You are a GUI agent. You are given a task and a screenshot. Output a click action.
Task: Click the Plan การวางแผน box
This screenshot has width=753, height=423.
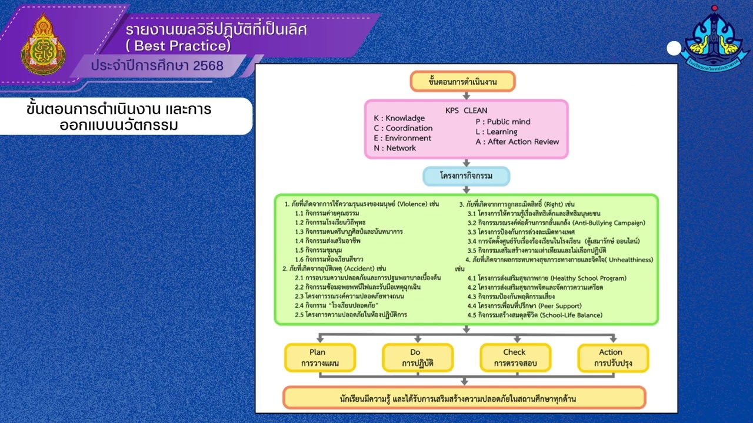coord(319,358)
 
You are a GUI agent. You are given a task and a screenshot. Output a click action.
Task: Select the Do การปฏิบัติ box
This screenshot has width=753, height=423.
coord(418,358)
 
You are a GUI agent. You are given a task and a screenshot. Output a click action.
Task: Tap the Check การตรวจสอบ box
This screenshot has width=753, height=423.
coord(515,358)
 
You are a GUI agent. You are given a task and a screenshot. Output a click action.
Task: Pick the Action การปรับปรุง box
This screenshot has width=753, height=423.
coord(612,358)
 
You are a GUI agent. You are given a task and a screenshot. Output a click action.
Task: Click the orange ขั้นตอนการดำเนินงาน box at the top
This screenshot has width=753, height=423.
coord(462,82)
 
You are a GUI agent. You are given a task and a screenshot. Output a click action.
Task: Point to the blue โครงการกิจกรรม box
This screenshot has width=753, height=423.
coord(466,176)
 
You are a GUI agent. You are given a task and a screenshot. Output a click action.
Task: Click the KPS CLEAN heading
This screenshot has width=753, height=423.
coord(466,110)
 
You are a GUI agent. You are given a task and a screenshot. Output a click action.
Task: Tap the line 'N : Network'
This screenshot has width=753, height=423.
coord(395,148)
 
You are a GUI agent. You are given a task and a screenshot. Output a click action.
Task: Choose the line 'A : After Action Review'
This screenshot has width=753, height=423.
coord(517,142)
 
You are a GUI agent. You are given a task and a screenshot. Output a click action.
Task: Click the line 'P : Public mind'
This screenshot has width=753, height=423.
coord(503,122)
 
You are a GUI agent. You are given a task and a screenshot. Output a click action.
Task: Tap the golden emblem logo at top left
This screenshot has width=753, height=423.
coord(44,45)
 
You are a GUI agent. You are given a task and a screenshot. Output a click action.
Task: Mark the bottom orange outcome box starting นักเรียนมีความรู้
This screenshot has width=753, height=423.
coord(464,398)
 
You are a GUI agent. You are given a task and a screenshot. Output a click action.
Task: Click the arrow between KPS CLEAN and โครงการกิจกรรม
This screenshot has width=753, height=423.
coord(467,162)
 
